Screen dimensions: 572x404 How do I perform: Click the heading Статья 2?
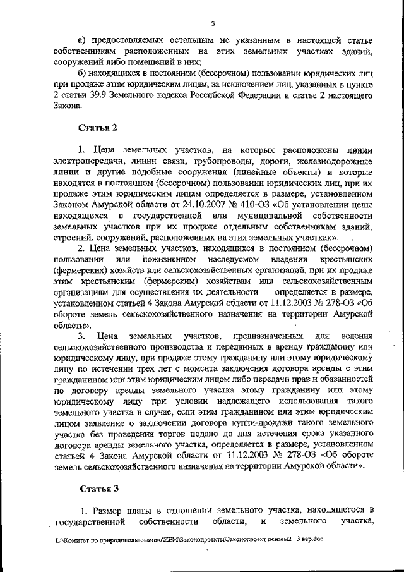[x=98, y=128]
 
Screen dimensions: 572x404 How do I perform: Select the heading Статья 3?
[x=98, y=489]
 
